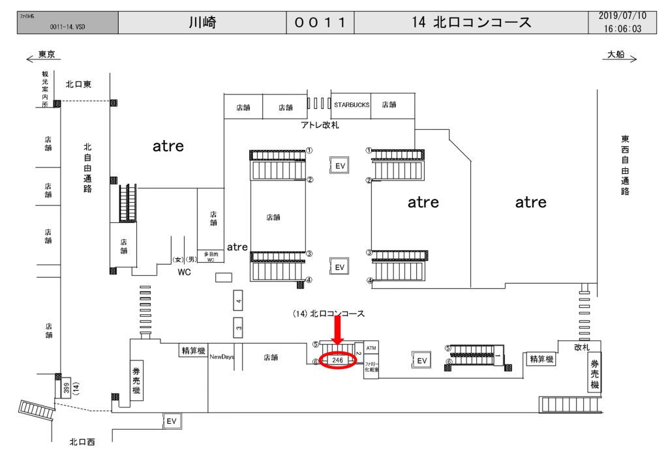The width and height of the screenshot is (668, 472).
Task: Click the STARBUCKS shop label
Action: [352, 104]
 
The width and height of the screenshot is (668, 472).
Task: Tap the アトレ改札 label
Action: [320, 125]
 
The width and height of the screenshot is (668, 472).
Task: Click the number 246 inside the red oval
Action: [337, 360]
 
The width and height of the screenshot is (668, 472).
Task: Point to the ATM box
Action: [371, 349]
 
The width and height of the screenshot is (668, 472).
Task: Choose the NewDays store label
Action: [221, 357]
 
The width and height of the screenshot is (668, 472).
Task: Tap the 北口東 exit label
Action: [78, 84]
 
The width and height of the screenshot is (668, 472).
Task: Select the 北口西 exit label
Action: [82, 442]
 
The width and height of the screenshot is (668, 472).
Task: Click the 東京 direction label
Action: [46, 55]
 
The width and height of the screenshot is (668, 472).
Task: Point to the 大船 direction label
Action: [616, 55]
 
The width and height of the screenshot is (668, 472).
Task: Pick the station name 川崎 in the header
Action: [202, 23]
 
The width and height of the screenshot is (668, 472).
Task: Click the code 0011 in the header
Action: [320, 23]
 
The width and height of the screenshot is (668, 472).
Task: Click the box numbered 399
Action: [67, 389]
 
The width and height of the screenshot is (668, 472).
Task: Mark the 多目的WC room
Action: [209, 256]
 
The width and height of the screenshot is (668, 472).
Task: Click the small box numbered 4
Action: [239, 301]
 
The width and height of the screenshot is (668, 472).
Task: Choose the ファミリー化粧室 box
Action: [371, 366]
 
